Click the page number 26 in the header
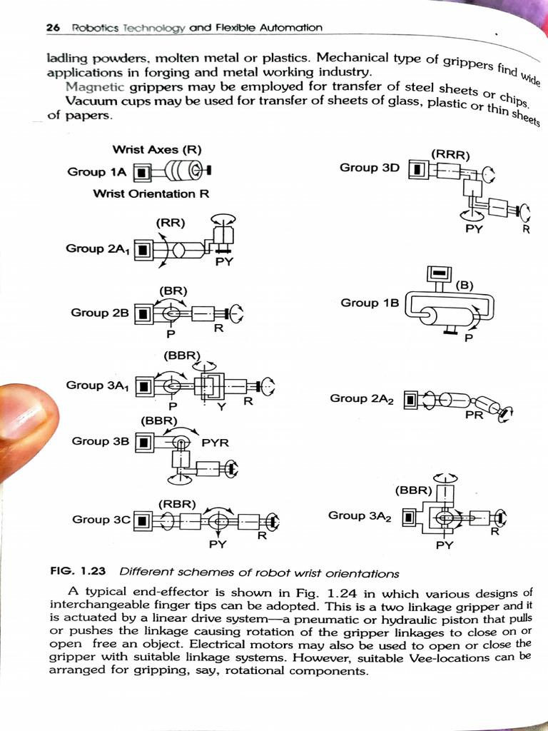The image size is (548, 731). point(52,28)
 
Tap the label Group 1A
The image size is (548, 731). point(97,171)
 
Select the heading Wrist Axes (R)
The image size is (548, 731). point(157,149)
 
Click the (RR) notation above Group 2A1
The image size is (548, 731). point(171,222)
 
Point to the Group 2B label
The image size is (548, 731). point(99,312)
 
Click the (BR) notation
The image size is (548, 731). point(173,291)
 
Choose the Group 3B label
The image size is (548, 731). point(100,441)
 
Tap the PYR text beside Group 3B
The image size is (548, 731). point(215,443)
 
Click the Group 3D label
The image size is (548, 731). point(370,167)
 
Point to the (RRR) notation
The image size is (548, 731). point(450,153)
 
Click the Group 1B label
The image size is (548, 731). point(370,303)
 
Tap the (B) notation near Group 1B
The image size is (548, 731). point(465,286)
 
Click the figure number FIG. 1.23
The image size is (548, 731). point(78,572)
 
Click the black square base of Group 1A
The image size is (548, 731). point(143,173)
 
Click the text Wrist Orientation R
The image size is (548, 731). point(151,193)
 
